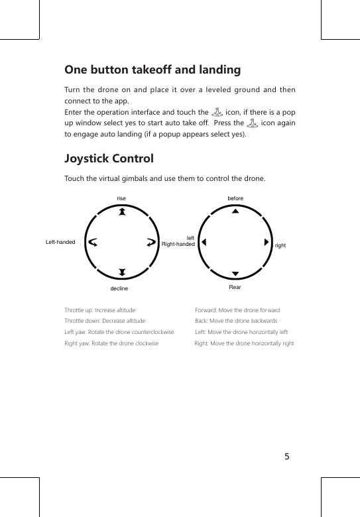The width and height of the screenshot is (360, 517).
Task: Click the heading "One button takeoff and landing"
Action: click(152, 70)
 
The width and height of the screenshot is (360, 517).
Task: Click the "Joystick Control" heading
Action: click(109, 159)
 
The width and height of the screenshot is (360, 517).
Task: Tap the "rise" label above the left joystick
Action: click(121, 198)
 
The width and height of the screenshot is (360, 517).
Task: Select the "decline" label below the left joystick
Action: click(119, 290)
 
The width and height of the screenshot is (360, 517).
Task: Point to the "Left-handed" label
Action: click(60, 242)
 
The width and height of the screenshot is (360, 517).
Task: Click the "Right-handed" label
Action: click(178, 244)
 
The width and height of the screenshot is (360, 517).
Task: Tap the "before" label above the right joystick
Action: click(235, 198)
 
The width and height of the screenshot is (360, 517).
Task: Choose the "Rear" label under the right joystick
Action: click(235, 288)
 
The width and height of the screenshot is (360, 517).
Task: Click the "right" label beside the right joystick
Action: click(280, 245)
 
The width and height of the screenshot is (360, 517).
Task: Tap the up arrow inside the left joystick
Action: click(122, 212)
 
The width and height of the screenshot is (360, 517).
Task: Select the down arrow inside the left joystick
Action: click(122, 272)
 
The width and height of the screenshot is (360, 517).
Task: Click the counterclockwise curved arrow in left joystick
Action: click(93, 242)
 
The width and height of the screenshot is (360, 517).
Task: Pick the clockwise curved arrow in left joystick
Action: click(151, 242)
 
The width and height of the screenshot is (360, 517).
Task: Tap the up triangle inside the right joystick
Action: click(235, 212)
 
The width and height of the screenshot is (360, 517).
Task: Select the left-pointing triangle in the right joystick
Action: click(204, 242)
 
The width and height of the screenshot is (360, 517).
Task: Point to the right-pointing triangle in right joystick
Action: click(266, 242)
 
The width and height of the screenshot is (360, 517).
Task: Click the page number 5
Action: click(287, 457)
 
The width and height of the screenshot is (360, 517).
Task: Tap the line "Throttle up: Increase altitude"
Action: click(100, 310)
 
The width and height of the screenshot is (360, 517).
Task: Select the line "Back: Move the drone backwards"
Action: click(231, 320)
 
